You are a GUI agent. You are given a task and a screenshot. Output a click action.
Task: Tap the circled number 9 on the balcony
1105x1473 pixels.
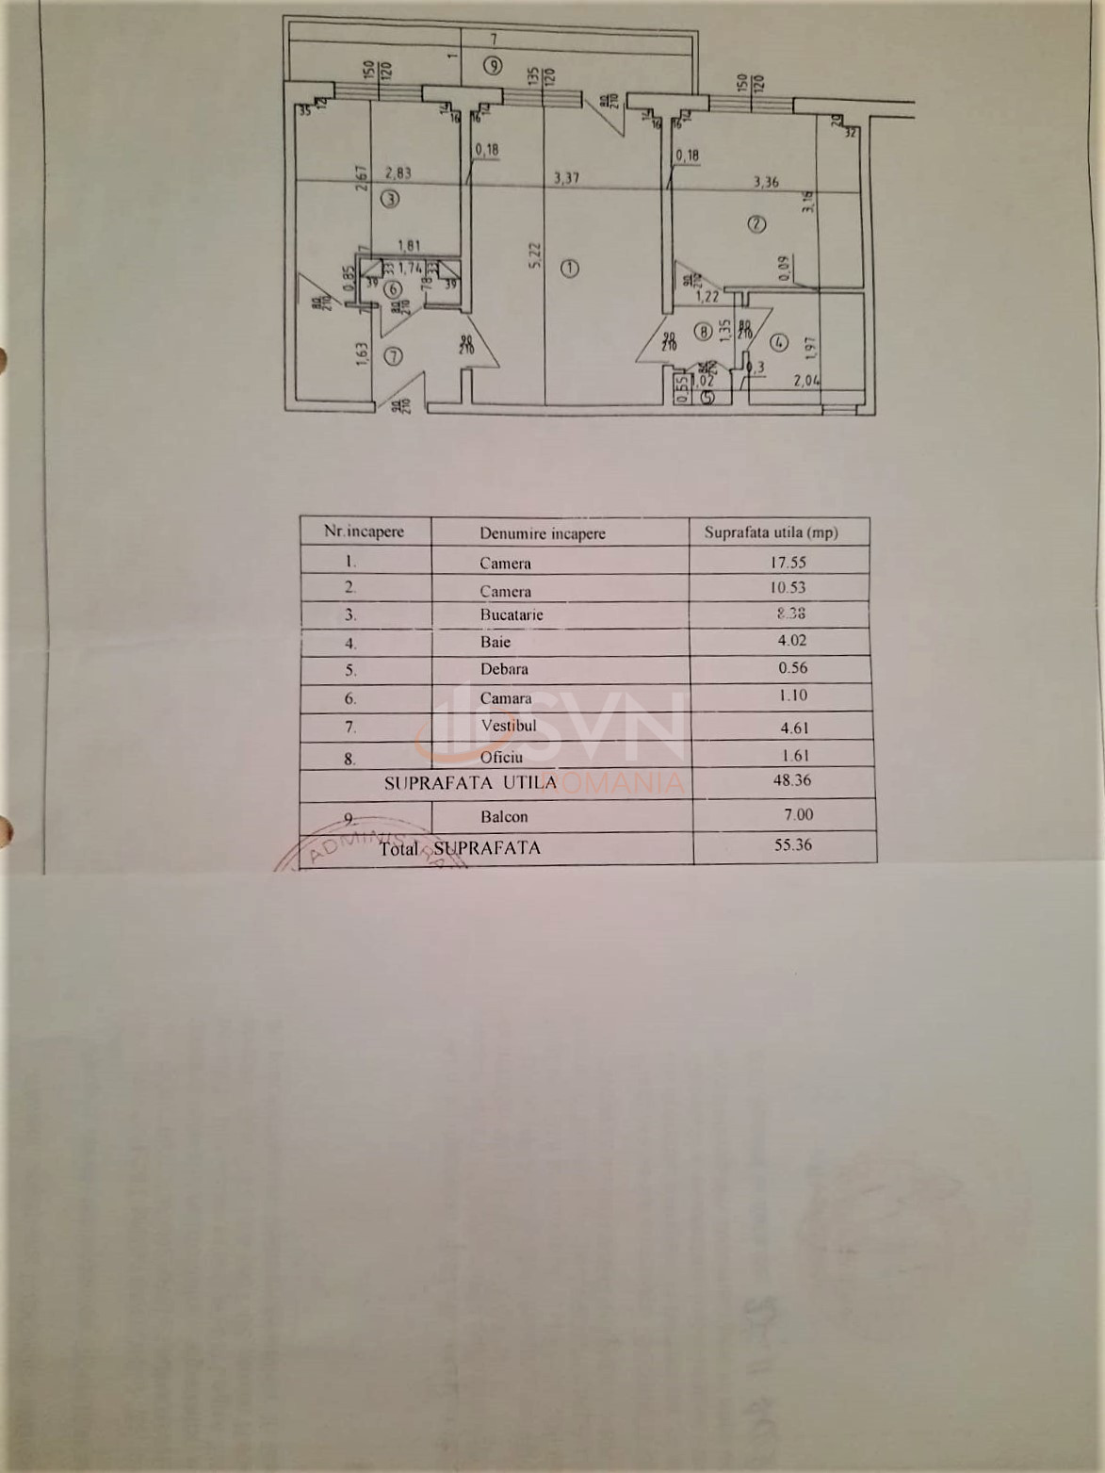[492, 66]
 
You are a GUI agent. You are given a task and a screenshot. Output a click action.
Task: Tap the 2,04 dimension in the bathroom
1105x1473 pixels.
[806, 381]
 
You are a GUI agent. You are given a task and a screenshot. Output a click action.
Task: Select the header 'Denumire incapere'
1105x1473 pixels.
[542, 533]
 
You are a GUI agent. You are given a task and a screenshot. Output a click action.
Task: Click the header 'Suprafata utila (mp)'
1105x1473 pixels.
[771, 532]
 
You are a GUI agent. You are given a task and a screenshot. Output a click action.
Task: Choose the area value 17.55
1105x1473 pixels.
[788, 562]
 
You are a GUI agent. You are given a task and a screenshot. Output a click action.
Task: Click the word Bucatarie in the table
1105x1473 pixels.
[511, 614]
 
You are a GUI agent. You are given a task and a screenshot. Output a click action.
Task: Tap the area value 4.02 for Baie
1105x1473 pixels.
[788, 641]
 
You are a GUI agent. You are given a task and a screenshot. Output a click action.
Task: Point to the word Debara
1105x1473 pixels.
[504, 669]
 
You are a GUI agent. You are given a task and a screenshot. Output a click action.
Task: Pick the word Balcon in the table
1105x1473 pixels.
[504, 817]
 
